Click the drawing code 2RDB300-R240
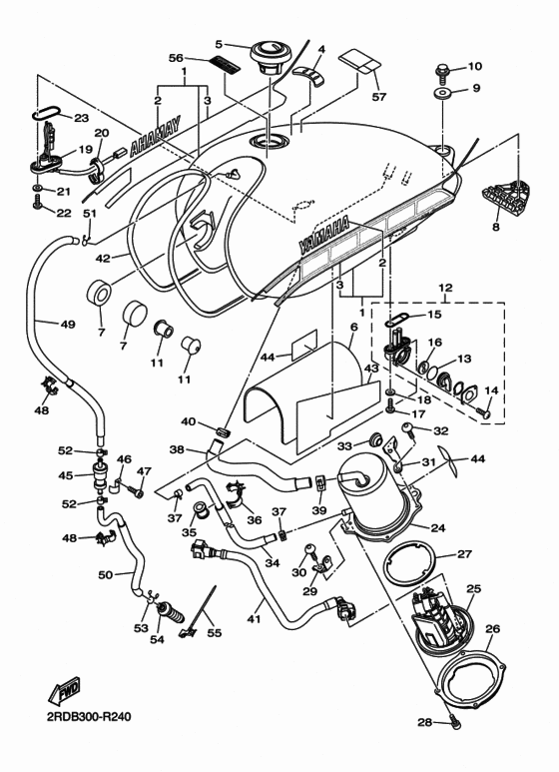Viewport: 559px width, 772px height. pyautogui.click(x=88, y=716)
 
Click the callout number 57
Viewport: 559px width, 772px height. pyautogui.click(x=377, y=97)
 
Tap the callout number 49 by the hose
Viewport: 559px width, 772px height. pyautogui.click(x=40, y=324)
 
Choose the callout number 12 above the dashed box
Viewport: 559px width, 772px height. pyautogui.click(x=445, y=288)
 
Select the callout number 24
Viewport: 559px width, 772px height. pyautogui.click(x=436, y=527)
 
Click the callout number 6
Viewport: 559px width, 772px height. pyautogui.click(x=352, y=327)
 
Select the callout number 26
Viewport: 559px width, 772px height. pyautogui.click(x=491, y=628)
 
